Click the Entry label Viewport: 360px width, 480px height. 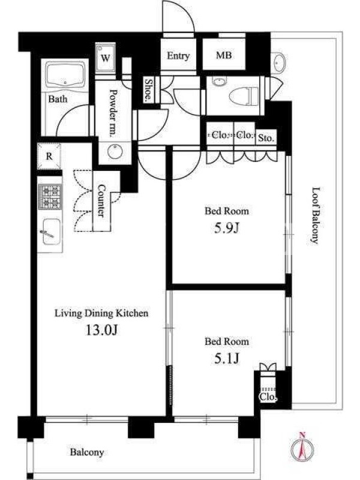click(178, 56)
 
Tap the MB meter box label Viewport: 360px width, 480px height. click(224, 55)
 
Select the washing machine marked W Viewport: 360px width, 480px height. click(106, 58)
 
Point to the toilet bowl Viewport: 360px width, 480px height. click(244, 95)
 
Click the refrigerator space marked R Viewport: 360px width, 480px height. click(49, 156)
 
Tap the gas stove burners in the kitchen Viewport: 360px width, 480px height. click(50, 197)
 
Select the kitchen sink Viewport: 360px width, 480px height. click(50, 232)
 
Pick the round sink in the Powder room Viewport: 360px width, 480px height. click(115, 151)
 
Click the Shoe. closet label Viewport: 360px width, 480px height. click(148, 90)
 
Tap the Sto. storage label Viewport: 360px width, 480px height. click(266, 138)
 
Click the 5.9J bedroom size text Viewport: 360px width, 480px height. click(226, 228)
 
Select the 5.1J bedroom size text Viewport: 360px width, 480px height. click(226, 358)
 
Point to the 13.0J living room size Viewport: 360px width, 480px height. click(101, 330)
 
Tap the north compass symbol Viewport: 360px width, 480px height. click(302, 448)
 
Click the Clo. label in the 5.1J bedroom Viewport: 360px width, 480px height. click(268, 397)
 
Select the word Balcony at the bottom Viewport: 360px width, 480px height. click(87, 452)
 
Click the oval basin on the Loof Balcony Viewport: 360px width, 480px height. click(278, 62)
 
